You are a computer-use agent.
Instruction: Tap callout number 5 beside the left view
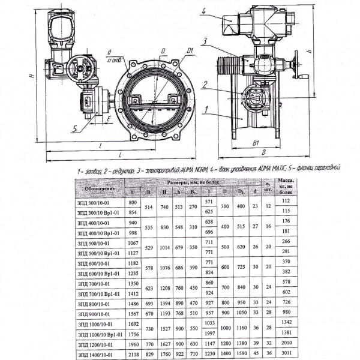pos(74,128)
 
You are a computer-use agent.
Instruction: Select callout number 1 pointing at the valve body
pos(206,109)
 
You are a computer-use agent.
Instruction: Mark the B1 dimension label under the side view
pos(255,144)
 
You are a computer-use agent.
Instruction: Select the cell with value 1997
pos(209,333)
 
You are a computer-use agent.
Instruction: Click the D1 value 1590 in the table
pos(241,354)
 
